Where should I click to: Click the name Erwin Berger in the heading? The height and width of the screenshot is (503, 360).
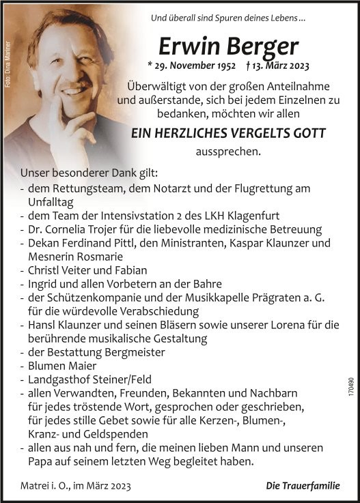(x=228, y=46)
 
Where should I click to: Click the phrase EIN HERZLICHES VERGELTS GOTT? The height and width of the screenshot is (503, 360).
(x=228, y=134)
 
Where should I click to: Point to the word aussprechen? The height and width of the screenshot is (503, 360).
(x=228, y=152)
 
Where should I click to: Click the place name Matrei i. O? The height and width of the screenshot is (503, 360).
(x=49, y=485)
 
